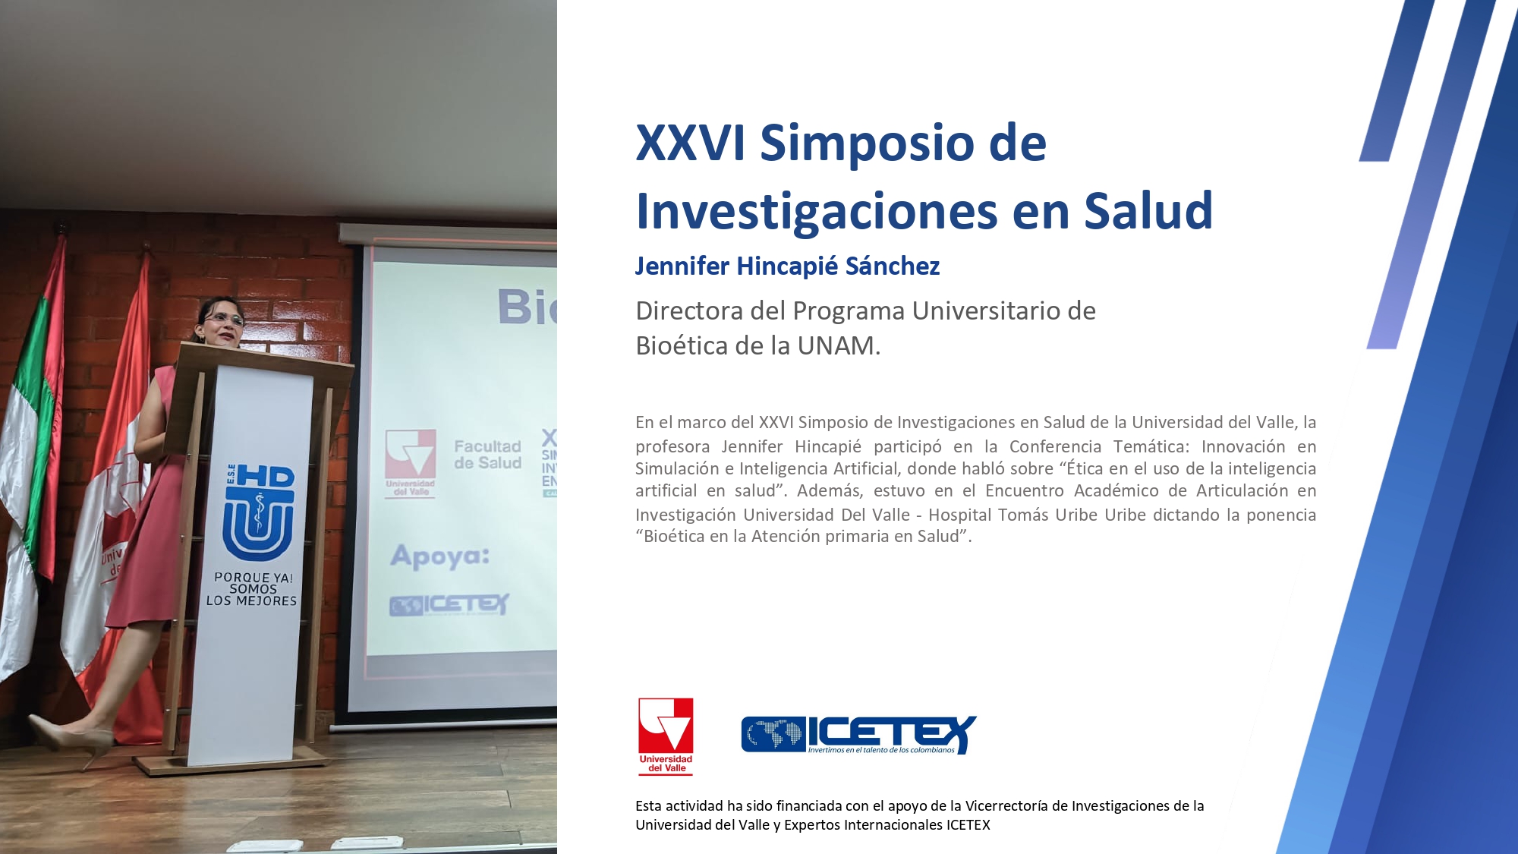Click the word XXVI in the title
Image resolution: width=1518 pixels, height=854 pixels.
click(691, 142)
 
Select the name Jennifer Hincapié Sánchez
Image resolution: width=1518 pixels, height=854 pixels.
click(787, 266)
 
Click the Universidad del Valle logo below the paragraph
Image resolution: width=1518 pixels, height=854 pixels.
click(666, 736)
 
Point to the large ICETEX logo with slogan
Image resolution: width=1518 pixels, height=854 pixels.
click(858, 735)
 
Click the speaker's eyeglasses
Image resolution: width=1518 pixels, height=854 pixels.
click(224, 320)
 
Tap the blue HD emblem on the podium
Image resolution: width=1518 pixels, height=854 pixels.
click(259, 512)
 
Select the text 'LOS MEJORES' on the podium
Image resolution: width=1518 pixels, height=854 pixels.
click(251, 600)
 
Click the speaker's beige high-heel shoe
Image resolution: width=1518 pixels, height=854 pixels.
click(72, 738)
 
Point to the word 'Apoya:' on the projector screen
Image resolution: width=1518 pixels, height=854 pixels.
click(439, 556)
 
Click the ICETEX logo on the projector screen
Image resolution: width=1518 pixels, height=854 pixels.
click(449, 604)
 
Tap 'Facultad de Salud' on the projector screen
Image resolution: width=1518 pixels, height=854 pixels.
click(487, 454)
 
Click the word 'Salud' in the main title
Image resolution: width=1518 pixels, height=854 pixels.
click(1148, 210)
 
